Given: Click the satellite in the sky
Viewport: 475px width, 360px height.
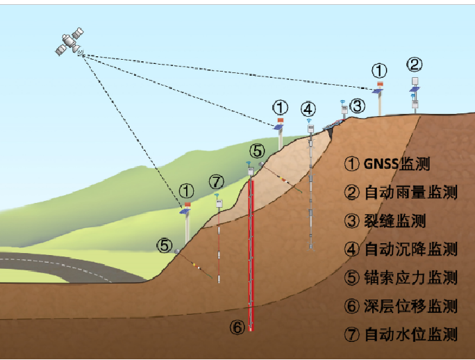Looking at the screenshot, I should (70, 43).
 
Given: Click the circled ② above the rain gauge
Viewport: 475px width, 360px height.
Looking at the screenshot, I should (414, 65).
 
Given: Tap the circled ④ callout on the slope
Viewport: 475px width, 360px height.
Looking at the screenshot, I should (308, 109).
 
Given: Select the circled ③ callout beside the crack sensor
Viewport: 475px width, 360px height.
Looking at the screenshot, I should (357, 106).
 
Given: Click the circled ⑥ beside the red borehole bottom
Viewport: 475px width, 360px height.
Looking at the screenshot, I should (237, 327).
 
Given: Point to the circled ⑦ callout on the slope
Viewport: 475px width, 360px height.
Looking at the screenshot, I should (217, 182).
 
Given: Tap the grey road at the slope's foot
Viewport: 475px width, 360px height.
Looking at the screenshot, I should (62, 268).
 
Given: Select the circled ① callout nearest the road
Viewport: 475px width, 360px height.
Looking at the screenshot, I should (185, 190).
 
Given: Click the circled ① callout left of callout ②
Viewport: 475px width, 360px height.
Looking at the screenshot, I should (379, 70).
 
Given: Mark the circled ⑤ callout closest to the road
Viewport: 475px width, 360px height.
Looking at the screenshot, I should (164, 245).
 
